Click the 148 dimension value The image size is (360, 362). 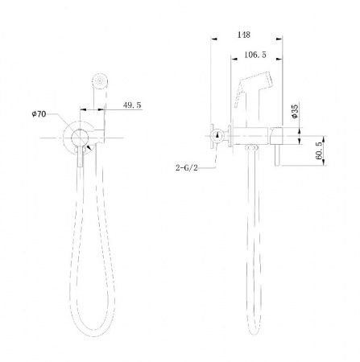[244, 35]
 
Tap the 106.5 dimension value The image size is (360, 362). [255, 55]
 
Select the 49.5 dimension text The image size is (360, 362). [132, 105]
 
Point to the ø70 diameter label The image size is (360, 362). [39, 114]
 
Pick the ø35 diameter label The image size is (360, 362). [295, 111]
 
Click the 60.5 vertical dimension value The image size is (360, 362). [319, 151]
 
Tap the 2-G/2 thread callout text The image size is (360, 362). [187, 168]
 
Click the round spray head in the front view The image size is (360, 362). [100, 81]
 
